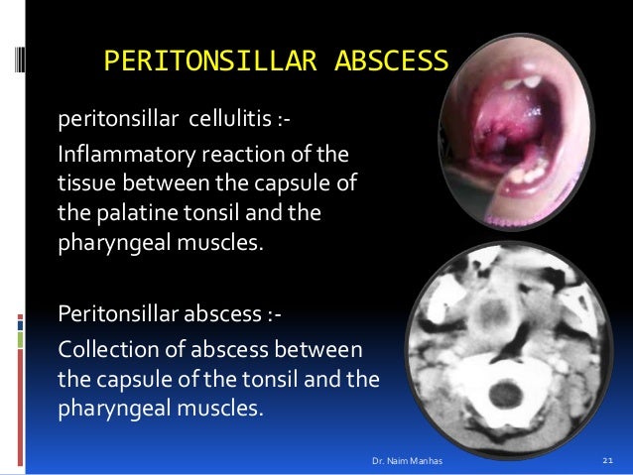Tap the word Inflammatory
[x=120, y=157]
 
